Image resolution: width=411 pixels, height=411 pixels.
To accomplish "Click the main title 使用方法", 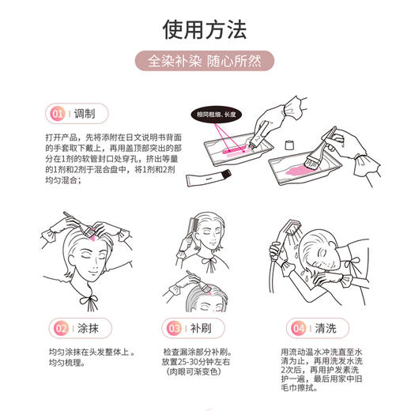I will (x=205, y=29).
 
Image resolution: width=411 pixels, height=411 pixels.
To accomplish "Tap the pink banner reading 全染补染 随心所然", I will (x=205, y=60).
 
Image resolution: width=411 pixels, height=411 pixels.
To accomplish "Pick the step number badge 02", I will (x=58, y=326).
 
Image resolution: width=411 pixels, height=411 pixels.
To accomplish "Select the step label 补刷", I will (x=202, y=326).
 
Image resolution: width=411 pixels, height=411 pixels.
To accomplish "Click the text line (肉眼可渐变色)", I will (x=195, y=371).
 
